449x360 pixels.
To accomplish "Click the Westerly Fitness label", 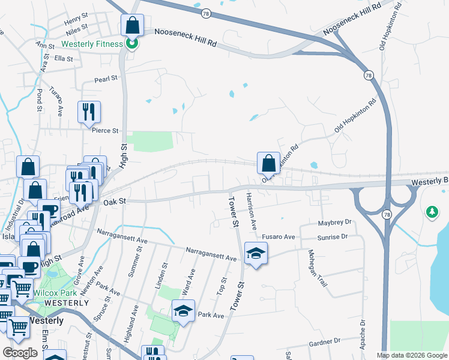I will [91, 44].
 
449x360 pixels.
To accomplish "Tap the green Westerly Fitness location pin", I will [133, 43].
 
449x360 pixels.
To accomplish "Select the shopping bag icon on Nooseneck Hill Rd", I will [132, 26].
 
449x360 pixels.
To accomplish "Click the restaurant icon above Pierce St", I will [89, 112].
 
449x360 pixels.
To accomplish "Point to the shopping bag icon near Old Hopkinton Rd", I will [268, 163].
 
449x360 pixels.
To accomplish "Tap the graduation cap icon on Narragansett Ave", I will [256, 254].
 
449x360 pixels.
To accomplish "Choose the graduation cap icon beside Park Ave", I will [183, 311].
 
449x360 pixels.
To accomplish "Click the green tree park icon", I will [431, 212].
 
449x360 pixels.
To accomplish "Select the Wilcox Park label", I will [53, 293].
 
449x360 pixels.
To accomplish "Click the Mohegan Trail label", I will [319, 268].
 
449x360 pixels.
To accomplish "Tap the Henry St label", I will [76, 22].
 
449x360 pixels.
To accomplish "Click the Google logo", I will [20, 353].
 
